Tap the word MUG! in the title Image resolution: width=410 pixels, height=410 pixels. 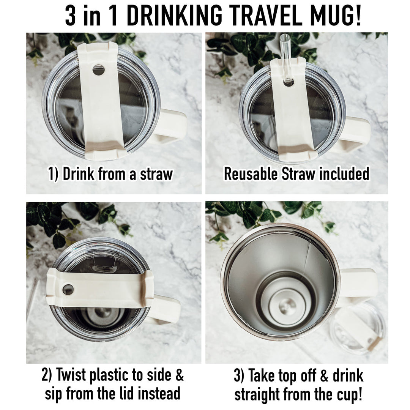(x=337, y=16)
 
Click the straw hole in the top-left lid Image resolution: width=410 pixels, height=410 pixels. (x=98, y=70)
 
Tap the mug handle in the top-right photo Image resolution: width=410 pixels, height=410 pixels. (x=357, y=133)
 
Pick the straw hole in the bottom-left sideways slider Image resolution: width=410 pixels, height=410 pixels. (x=68, y=289)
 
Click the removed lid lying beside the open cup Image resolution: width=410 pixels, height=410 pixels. (x=357, y=326)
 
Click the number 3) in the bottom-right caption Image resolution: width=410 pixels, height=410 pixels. (x=240, y=375)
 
